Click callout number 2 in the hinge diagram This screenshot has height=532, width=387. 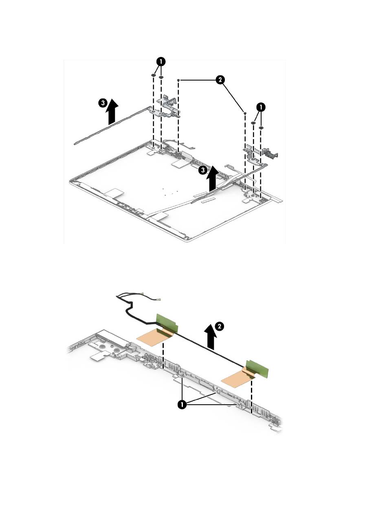pyautogui.click(x=220, y=80)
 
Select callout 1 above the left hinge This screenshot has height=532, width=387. pyautogui.click(x=161, y=62)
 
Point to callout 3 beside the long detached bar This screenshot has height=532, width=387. pyautogui.click(x=104, y=103)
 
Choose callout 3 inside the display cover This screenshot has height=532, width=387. pyautogui.click(x=202, y=170)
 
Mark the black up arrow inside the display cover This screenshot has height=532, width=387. pyautogui.click(x=212, y=180)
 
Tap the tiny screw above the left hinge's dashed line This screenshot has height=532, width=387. pyautogui.click(x=179, y=81)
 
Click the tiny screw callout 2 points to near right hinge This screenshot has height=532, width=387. pyautogui.click(x=244, y=113)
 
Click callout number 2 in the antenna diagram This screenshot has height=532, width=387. pyautogui.click(x=219, y=326)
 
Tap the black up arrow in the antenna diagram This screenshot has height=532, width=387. pyautogui.click(x=211, y=337)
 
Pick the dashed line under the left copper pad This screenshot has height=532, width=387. pyautogui.click(x=163, y=356)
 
